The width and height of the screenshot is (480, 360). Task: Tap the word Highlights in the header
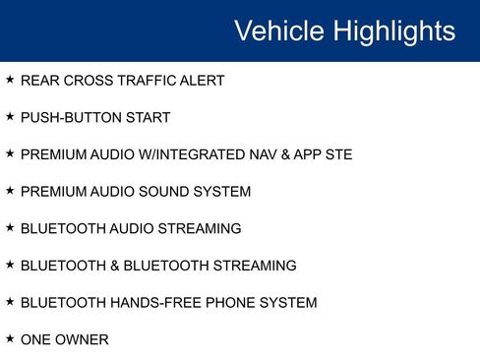394,30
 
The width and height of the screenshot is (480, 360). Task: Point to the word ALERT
202,81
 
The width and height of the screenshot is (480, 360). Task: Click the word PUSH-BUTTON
71,118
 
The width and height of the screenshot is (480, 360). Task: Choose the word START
148,118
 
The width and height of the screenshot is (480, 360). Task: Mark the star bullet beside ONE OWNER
10,338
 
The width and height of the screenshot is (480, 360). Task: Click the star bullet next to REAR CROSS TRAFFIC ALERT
10,79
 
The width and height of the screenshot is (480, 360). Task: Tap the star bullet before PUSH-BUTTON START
10,116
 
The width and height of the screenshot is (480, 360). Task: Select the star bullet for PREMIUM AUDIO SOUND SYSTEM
10,190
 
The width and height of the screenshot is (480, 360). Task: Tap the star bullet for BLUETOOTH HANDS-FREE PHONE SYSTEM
10,301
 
